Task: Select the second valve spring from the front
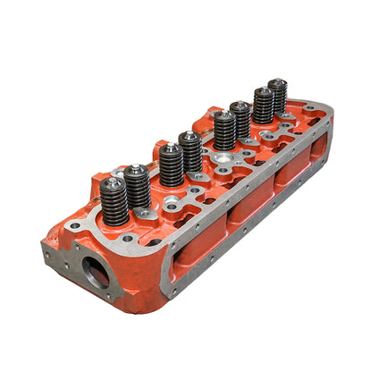tap(137, 186)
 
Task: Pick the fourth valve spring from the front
tap(190, 154)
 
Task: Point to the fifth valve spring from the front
tap(224, 132)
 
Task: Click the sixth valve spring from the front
tap(240, 122)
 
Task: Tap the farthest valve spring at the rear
tap(278, 97)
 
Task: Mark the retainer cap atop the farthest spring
tap(278, 83)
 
